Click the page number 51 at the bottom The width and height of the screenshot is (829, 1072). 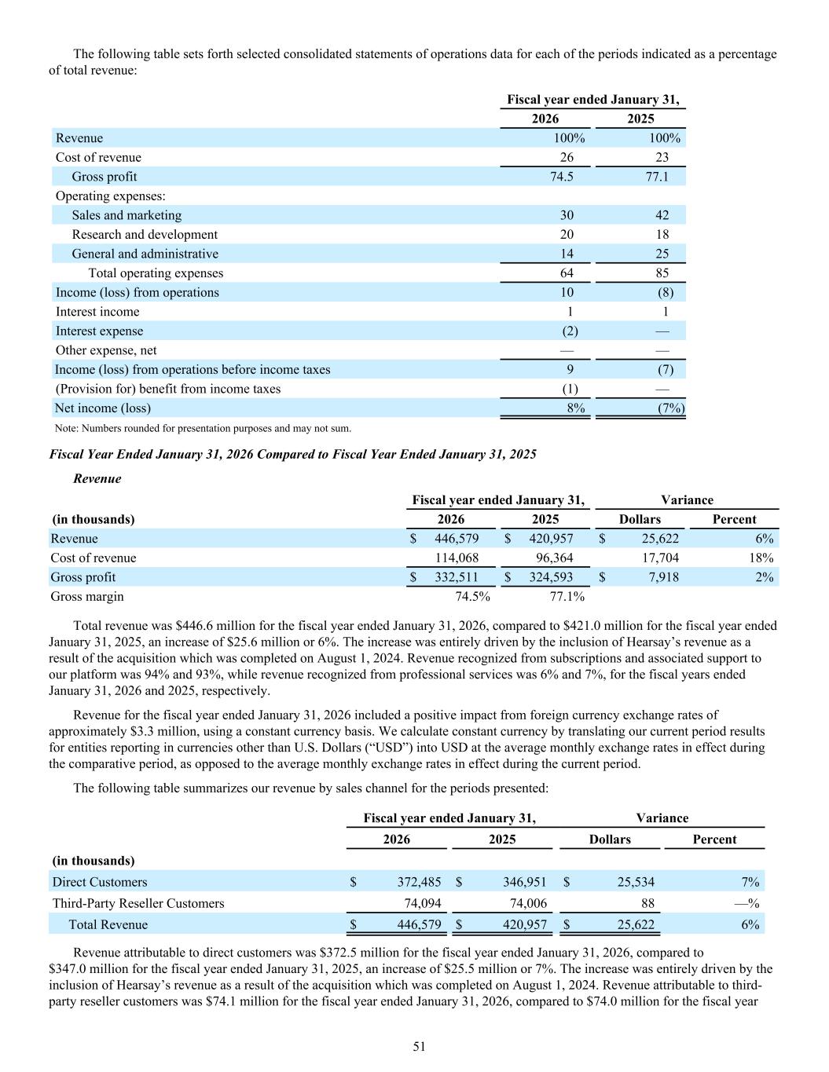tap(419, 1046)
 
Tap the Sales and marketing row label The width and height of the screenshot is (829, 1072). tap(127, 215)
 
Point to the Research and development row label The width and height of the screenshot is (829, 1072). tap(145, 234)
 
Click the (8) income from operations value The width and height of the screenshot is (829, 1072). tap(665, 292)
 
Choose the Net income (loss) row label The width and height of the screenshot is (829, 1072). tap(103, 408)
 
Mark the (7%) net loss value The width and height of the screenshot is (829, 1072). tap(670, 408)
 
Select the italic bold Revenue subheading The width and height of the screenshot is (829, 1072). tap(97, 478)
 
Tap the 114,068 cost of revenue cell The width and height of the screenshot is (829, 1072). tap(457, 558)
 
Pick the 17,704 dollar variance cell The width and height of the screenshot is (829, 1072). tap(659, 558)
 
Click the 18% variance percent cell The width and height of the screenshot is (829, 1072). tap(762, 558)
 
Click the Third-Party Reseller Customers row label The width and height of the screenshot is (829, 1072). tap(138, 903)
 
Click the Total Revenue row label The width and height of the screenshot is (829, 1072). tap(108, 924)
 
